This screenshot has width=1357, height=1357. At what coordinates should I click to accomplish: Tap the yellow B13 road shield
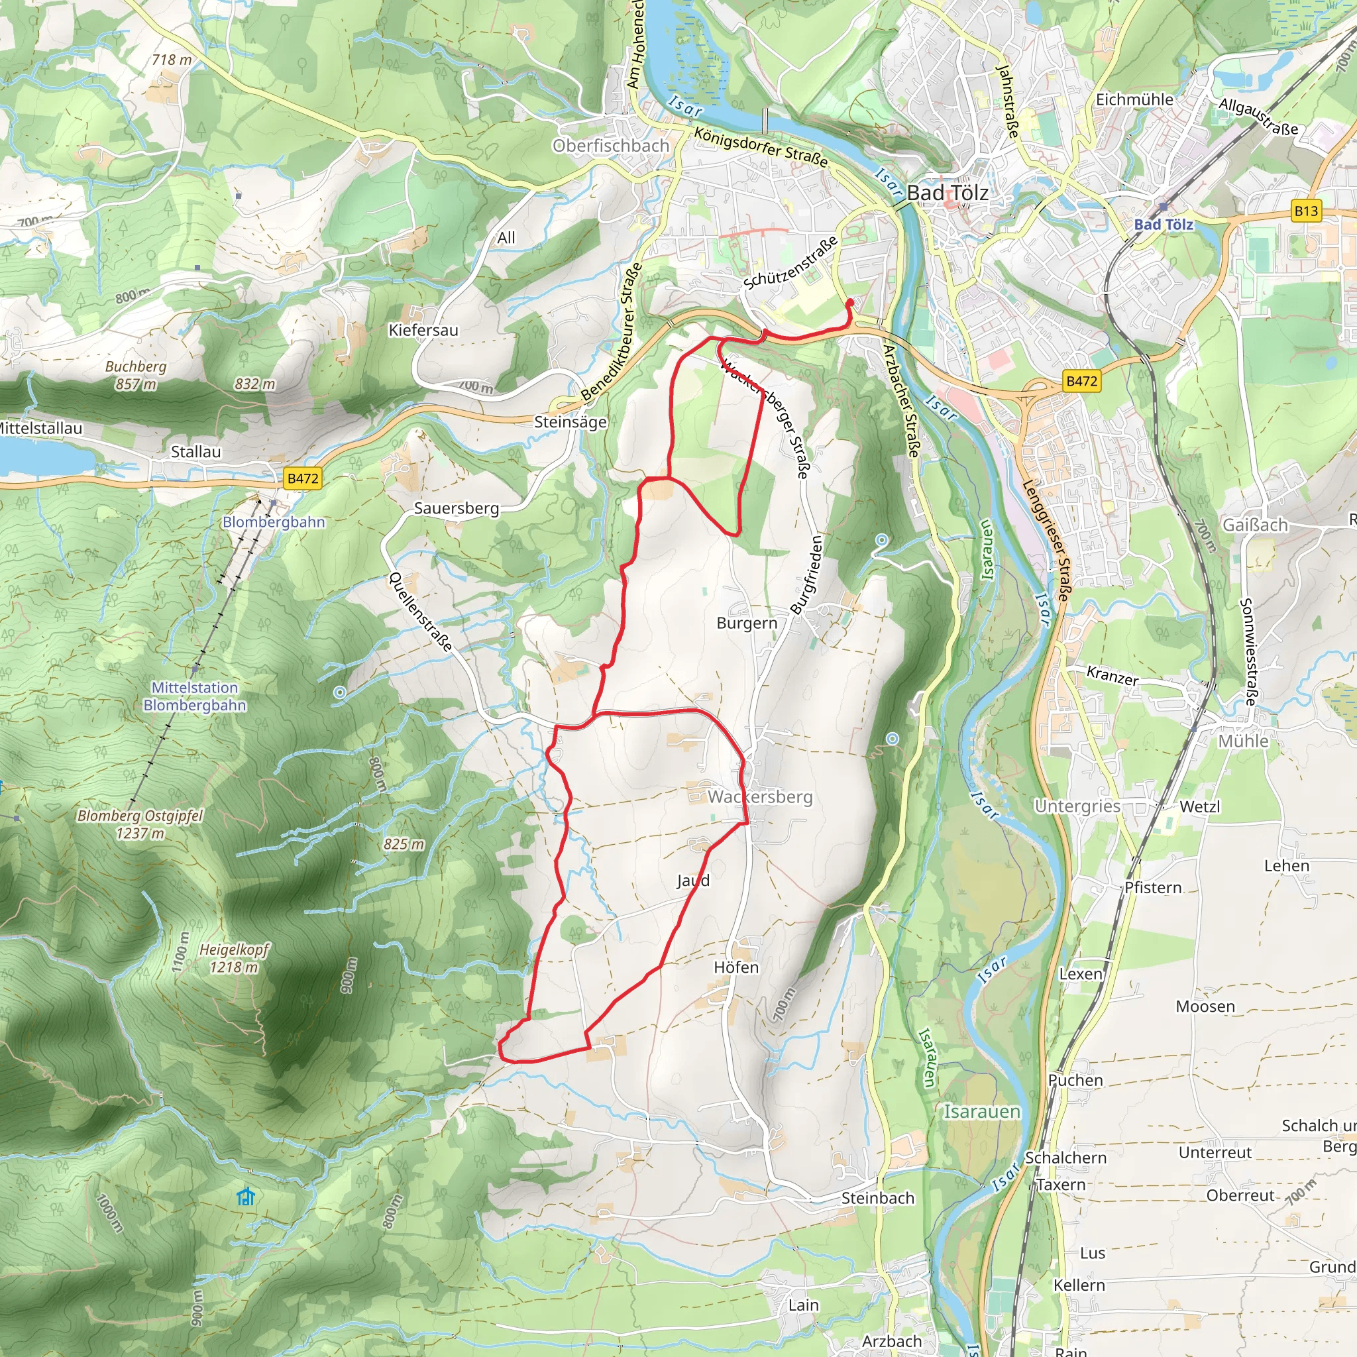(x=1306, y=211)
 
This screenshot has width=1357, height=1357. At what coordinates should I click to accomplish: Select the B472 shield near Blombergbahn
(x=303, y=478)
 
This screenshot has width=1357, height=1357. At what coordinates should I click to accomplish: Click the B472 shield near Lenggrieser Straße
(x=1081, y=381)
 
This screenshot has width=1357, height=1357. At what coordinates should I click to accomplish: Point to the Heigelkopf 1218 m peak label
(x=234, y=958)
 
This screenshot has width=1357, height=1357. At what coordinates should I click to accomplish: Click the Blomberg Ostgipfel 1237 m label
(x=140, y=824)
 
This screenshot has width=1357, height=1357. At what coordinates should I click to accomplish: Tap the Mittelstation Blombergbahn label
(x=195, y=696)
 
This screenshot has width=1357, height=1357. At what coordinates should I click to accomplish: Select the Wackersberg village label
(x=759, y=796)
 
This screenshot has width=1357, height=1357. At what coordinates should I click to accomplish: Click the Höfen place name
(x=736, y=967)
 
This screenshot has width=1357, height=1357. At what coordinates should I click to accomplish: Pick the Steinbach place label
(x=877, y=1197)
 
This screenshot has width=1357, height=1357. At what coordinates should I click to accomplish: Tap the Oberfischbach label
(x=610, y=145)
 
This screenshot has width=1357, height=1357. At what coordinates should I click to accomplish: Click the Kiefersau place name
(x=423, y=330)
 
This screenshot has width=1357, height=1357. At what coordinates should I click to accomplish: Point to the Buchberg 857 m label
(x=136, y=375)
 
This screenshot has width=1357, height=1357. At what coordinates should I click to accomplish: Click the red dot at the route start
(x=850, y=302)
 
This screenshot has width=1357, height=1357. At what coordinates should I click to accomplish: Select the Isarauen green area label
(x=981, y=1111)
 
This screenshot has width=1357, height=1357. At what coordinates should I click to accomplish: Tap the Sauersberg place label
(x=457, y=508)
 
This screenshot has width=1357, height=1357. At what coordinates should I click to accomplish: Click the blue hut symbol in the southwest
(x=245, y=1196)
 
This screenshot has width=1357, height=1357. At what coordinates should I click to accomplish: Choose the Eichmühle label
(x=1134, y=100)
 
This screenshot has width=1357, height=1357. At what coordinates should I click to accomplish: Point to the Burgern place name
(x=747, y=623)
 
